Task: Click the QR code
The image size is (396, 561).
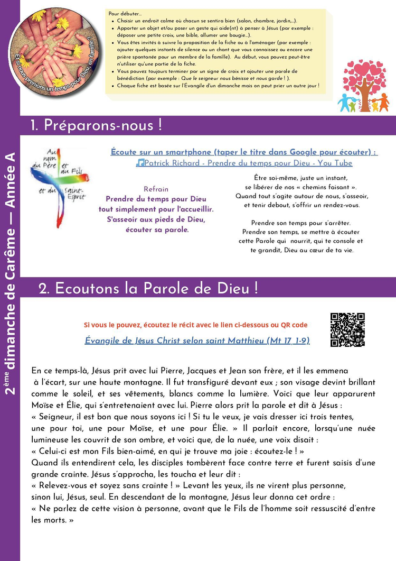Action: (347, 330)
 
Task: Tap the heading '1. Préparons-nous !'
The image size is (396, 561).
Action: (96, 126)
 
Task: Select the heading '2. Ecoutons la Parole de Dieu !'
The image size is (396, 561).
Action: (148, 289)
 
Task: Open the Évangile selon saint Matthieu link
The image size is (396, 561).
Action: (197, 341)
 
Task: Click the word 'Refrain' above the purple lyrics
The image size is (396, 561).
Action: (156, 189)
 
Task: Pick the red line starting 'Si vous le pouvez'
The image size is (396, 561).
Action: (195, 325)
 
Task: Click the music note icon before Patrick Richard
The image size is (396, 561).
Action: (139, 163)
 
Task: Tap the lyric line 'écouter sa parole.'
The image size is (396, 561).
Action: (157, 229)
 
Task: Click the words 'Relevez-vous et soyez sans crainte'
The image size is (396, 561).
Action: (106, 485)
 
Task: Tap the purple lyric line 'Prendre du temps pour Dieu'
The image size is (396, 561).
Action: (156, 199)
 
